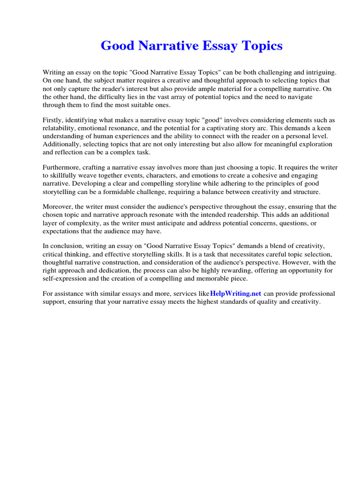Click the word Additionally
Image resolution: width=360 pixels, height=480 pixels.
(63, 144)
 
